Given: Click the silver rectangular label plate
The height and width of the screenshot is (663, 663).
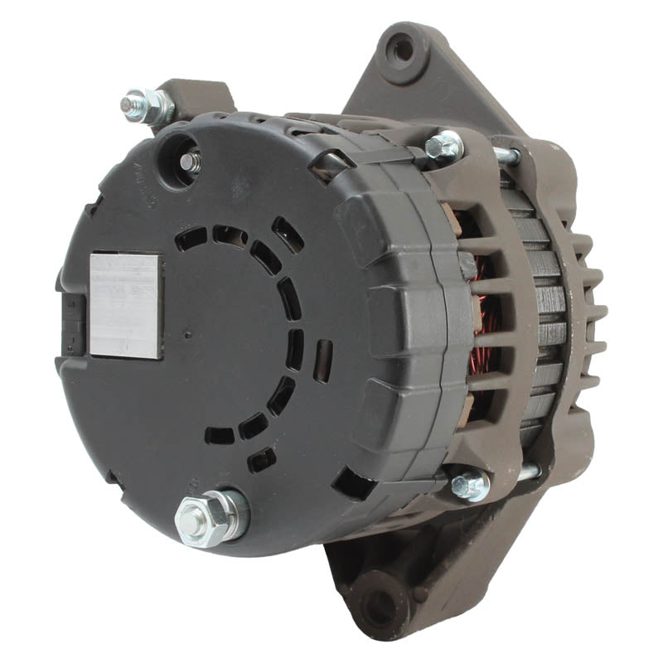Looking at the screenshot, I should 126,305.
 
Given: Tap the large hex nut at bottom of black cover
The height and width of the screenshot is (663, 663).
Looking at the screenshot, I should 211,516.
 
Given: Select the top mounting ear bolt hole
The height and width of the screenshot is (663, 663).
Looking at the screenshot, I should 403,48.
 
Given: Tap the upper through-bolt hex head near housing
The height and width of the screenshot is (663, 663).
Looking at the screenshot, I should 444,147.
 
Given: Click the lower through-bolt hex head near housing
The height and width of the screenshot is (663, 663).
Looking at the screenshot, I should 469,483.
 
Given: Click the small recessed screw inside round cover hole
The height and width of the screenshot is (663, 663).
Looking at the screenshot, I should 191,162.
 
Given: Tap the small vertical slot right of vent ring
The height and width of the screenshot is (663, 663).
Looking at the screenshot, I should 322,361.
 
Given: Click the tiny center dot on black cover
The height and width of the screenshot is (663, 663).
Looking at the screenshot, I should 186,336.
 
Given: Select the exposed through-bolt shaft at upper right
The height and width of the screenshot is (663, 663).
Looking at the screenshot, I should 504,154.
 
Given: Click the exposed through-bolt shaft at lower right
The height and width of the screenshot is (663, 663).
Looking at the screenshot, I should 524,472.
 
